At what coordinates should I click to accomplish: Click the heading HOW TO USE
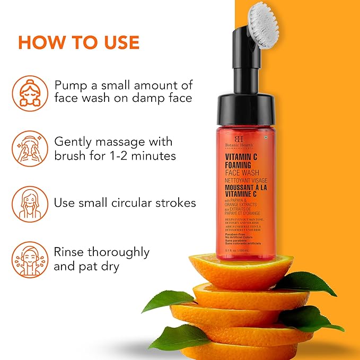pos(79,42)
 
